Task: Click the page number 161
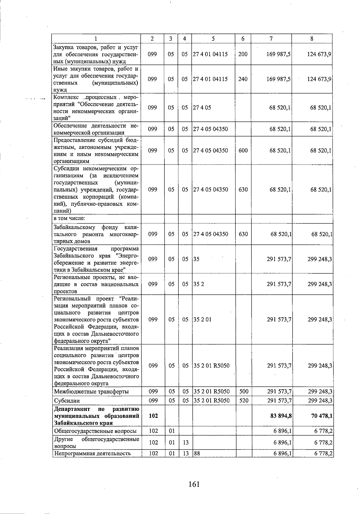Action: (x=194, y=484)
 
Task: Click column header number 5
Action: (x=213, y=38)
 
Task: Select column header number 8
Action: (x=312, y=38)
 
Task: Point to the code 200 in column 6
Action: (x=243, y=54)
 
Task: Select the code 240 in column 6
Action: (x=243, y=79)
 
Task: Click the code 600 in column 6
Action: (x=243, y=150)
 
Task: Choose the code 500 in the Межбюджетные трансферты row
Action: (x=244, y=391)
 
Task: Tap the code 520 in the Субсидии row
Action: (x=244, y=400)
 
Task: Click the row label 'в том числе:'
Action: (x=69, y=218)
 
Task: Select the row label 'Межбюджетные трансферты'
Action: (x=91, y=391)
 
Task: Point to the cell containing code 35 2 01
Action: (x=202, y=319)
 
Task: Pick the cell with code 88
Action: (x=197, y=453)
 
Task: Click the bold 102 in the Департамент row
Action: (x=153, y=416)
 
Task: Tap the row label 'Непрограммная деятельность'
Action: (x=92, y=453)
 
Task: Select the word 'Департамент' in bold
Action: (x=72, y=409)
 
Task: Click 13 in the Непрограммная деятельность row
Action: (x=186, y=453)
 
